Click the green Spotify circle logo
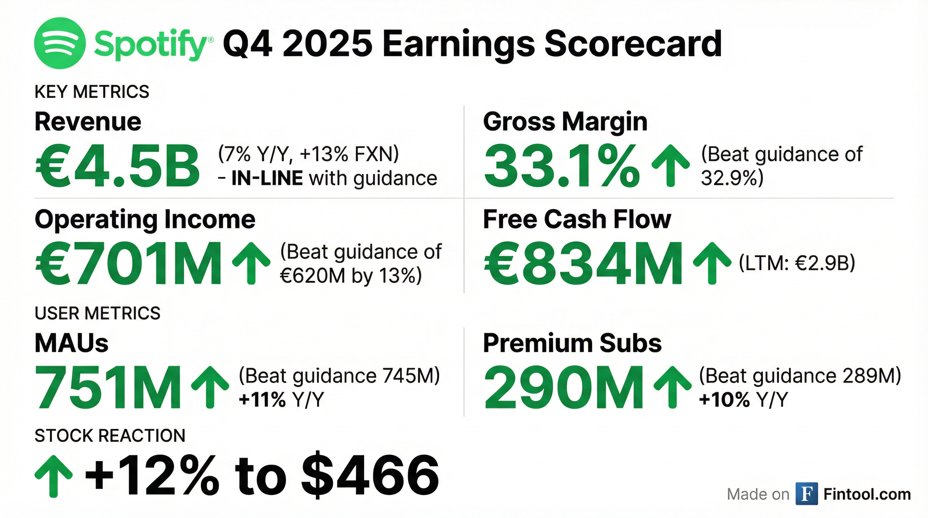point(60,43)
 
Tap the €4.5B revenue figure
point(117,166)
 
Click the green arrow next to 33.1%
point(670,166)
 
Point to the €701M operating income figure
point(128,264)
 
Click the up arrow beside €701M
point(251,263)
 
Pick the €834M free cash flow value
point(583,264)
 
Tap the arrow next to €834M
point(712,263)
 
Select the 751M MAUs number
point(108,387)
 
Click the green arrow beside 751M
point(210,387)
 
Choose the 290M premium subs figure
point(563,387)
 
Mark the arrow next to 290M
point(672,387)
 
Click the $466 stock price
point(370,475)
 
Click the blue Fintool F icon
point(807,494)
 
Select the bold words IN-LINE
point(267,178)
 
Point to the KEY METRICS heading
point(92,91)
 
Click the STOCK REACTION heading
point(110,435)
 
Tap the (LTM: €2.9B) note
point(796,263)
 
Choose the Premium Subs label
point(572,343)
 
